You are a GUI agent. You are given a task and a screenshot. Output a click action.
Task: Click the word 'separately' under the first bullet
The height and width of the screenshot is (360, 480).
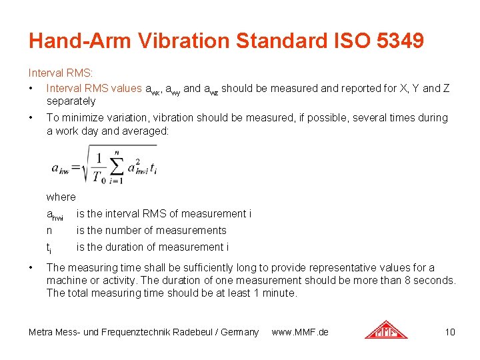pos(71,101)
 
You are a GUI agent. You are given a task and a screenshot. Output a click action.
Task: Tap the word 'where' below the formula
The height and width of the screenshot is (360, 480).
pos(61,197)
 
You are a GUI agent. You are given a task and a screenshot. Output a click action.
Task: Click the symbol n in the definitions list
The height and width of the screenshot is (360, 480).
pos(49,231)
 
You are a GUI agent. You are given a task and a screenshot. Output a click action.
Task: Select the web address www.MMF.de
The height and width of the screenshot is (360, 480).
pos(300,332)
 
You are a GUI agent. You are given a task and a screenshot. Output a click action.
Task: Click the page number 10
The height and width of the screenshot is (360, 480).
pos(450,332)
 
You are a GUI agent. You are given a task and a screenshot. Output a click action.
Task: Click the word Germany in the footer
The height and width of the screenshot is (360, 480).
pos(240,332)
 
